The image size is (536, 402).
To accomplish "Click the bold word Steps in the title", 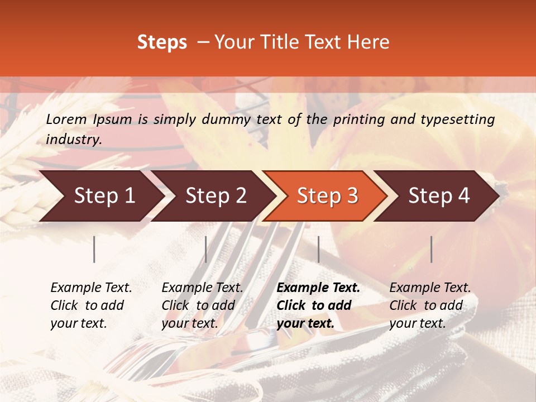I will point(162,42).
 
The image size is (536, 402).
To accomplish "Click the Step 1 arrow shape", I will point(100,196).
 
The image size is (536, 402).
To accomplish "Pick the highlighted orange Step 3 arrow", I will point(326,196).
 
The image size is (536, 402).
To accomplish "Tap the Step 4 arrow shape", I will point(438,196).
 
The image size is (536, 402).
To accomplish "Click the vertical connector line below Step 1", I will point(94,249).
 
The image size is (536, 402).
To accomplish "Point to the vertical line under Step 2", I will point(206,249).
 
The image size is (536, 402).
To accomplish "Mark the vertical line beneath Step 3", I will point(318,249).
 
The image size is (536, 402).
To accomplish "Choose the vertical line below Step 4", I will point(432,249).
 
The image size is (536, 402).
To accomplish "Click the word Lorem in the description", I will point(66,119).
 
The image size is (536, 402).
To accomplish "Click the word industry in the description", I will point(74,139).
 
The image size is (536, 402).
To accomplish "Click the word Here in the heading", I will point(368,42).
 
